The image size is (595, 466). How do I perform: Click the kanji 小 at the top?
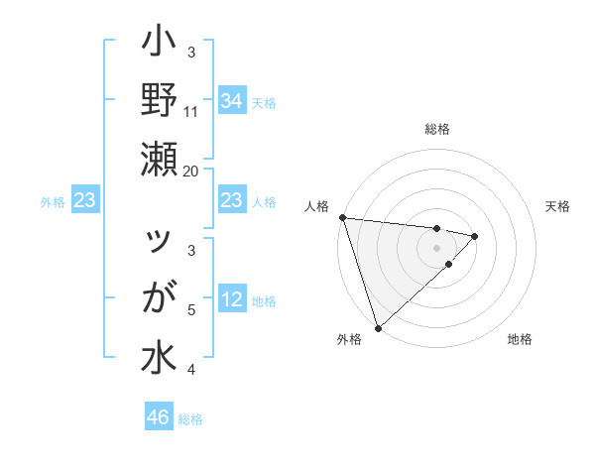click(x=160, y=45)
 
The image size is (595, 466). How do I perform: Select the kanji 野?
click(x=160, y=100)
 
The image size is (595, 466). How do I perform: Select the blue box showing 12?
click(x=232, y=299)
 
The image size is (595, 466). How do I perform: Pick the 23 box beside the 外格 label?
click(x=85, y=201)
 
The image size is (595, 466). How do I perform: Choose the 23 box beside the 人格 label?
click(x=232, y=201)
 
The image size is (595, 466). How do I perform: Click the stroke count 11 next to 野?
click(x=191, y=111)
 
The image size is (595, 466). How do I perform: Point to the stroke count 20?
click(x=191, y=171)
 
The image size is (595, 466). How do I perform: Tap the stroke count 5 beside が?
click(x=192, y=310)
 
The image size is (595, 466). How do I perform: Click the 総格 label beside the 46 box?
click(x=191, y=419)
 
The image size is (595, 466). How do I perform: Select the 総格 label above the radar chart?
click(x=437, y=129)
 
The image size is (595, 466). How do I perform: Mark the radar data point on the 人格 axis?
click(x=342, y=217)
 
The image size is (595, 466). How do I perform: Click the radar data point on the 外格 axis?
click(x=378, y=326)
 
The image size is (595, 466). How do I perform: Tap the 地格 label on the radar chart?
click(x=520, y=339)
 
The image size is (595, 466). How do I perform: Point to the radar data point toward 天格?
click(x=475, y=236)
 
